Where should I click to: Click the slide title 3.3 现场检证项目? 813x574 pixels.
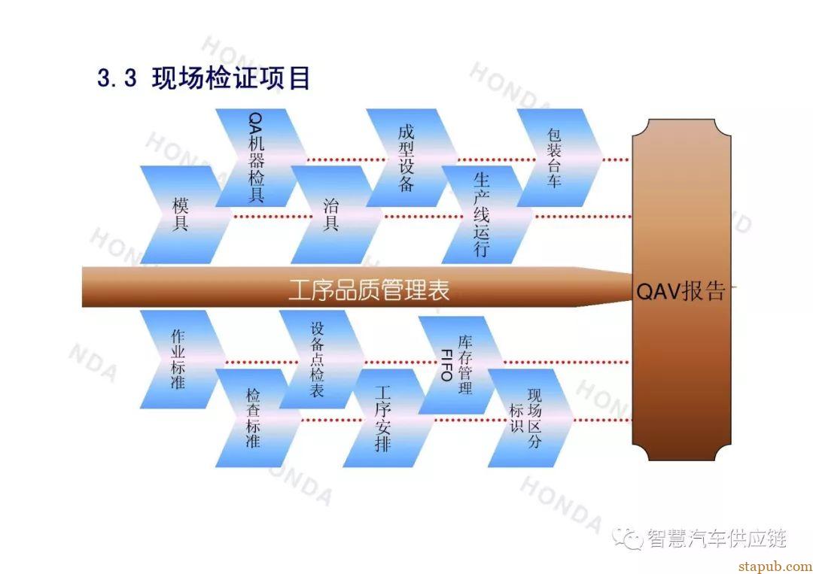click(203, 78)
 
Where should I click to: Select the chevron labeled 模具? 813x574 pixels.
click(181, 214)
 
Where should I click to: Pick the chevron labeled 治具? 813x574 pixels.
click(332, 214)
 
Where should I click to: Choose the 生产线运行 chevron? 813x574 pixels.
click(483, 214)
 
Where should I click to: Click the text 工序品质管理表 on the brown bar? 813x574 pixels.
click(369, 290)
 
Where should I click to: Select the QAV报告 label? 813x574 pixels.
click(681, 291)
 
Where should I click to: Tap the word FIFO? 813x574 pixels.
click(446, 365)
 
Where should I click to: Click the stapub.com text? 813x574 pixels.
click(775, 566)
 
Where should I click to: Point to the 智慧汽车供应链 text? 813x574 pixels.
click(717, 539)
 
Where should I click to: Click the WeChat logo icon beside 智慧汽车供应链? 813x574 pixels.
click(627, 539)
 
